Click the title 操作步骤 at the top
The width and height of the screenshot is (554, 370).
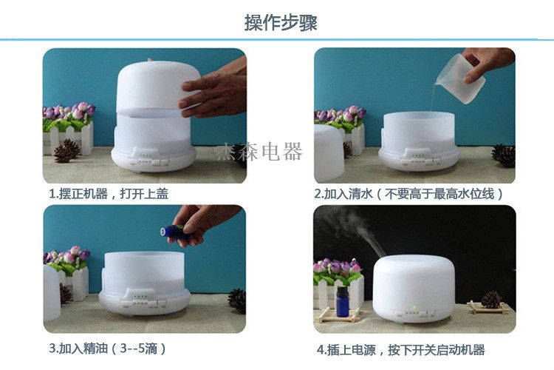281,22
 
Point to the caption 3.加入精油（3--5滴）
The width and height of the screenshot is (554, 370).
108,348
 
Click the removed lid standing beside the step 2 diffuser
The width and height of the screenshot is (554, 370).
328,152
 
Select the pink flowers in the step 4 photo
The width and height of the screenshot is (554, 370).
337,266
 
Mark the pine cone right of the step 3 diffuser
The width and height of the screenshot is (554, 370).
237,300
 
